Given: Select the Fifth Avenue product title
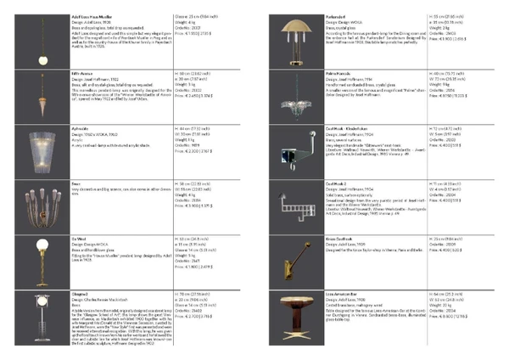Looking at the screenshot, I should click(x=81, y=74).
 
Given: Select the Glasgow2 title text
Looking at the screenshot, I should click(x=81, y=293).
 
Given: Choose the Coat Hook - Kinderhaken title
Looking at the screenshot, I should click(x=355, y=127).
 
